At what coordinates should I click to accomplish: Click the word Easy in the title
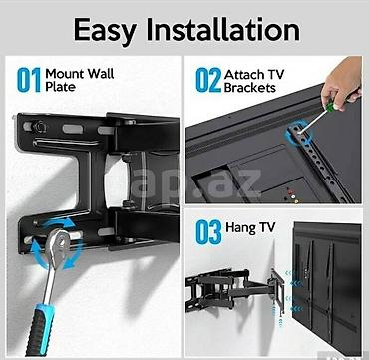[x=105, y=31]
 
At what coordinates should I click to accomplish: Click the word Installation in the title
[x=222, y=29]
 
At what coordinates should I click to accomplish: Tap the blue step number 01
[x=29, y=80]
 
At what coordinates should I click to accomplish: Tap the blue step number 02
[x=208, y=80]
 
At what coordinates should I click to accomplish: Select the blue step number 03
[x=208, y=232]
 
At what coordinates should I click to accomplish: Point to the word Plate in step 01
[x=60, y=87]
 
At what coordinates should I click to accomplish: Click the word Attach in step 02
[x=243, y=74]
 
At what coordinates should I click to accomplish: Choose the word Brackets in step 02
[x=250, y=88]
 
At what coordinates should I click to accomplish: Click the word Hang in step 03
[x=238, y=227]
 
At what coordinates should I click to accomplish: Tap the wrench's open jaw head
[x=58, y=244]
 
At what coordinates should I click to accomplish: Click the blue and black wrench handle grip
[x=40, y=329]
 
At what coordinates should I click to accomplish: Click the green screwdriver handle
[x=330, y=107]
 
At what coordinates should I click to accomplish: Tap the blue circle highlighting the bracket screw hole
[x=299, y=134]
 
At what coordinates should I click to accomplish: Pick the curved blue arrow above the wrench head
[x=60, y=222]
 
